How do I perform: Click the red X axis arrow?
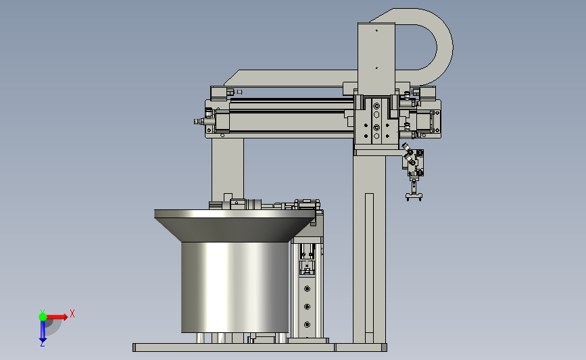pos(57,317)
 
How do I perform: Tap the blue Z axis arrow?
pos(43,331)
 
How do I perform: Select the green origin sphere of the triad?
pos(43,317)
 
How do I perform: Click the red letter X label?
pos(72,313)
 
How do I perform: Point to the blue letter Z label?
pos(42,344)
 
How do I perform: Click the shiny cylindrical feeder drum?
pos(235,287)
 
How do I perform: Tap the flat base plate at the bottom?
pos(260,348)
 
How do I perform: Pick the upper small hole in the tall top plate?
pos(376,30)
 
